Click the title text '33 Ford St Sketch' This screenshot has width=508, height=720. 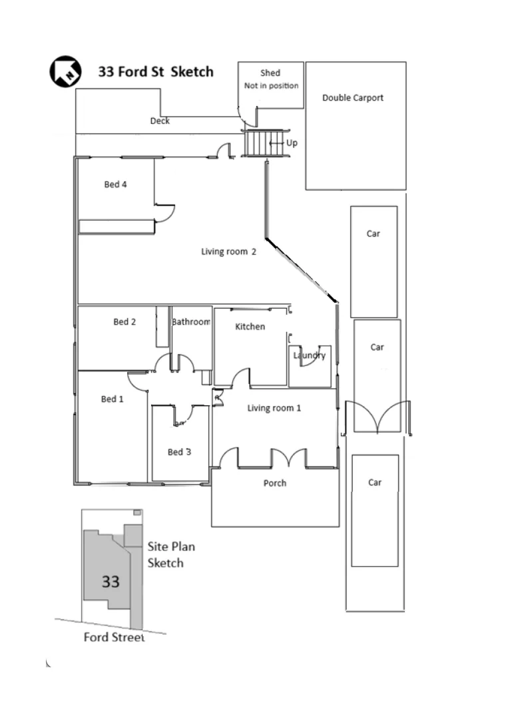156,71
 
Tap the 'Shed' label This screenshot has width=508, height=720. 270,73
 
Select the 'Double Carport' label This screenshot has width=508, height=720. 353,98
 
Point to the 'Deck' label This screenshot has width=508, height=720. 160,121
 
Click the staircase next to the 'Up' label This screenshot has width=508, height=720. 264,143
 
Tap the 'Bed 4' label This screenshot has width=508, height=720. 115,185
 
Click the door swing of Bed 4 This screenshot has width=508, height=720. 164,212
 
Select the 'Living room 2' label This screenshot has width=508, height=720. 229,251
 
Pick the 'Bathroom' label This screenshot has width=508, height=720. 191,322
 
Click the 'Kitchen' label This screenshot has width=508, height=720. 250,327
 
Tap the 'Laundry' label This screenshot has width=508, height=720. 310,355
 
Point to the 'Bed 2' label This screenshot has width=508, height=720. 125,322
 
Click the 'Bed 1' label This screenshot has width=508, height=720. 112,399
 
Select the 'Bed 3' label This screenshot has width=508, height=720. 179,452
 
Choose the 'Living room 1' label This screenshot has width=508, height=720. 274,408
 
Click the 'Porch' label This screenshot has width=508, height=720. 274,483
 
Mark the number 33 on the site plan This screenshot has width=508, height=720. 111,581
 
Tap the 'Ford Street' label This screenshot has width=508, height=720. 114,637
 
